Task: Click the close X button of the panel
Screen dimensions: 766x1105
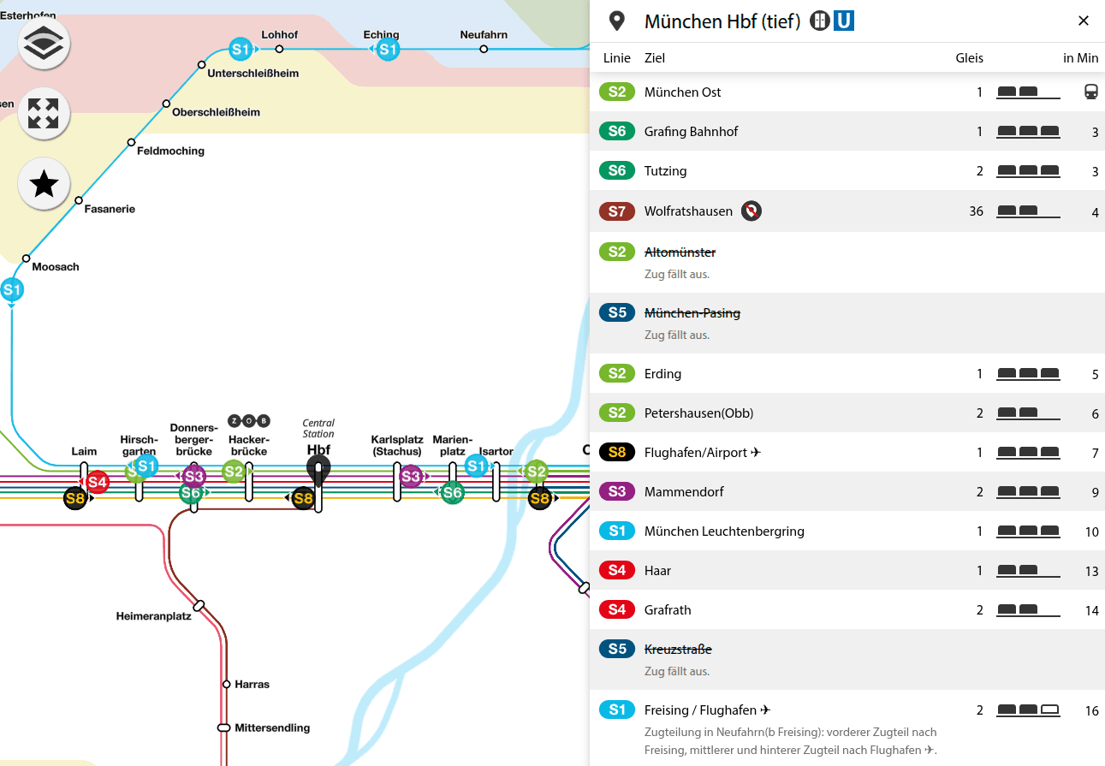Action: click(1083, 21)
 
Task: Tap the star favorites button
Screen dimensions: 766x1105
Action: click(44, 184)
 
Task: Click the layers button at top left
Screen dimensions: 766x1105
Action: click(44, 45)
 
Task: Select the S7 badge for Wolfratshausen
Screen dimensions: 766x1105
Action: click(617, 211)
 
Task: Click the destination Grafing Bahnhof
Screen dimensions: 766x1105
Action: click(691, 132)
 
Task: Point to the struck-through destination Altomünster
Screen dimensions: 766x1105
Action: click(680, 252)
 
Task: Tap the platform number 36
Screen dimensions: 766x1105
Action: click(976, 211)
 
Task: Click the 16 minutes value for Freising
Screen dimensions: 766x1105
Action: click(1091, 711)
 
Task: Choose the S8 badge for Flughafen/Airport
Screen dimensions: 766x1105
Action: click(617, 452)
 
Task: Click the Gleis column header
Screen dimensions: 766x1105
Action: click(969, 58)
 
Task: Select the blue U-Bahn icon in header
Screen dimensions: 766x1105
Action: click(844, 21)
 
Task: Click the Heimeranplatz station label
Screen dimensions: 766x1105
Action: click(154, 616)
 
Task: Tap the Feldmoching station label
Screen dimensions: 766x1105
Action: click(170, 151)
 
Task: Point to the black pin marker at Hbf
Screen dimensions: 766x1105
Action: click(318, 468)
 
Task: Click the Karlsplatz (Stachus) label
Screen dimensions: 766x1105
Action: click(396, 445)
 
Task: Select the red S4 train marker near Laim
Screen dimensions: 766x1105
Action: click(98, 483)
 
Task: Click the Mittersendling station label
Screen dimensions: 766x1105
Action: click(271, 728)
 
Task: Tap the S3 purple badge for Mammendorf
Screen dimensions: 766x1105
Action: click(617, 491)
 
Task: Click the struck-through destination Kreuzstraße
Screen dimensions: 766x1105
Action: click(678, 650)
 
